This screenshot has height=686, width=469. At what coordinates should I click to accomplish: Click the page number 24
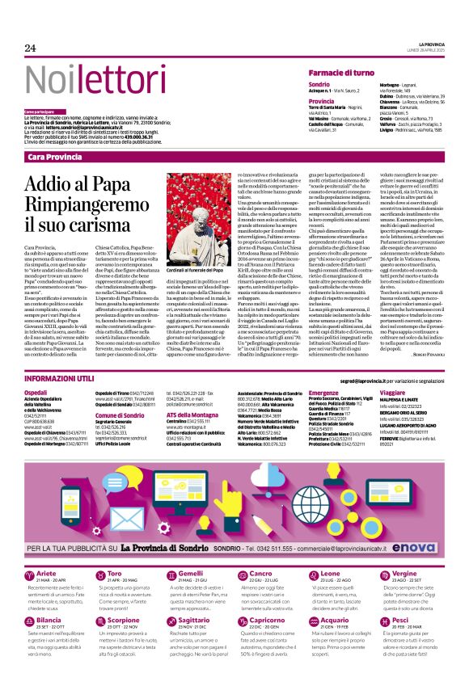click(x=30, y=48)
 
